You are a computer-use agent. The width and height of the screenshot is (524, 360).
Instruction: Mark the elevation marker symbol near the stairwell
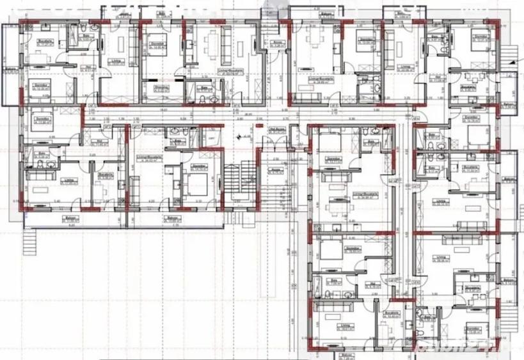240,135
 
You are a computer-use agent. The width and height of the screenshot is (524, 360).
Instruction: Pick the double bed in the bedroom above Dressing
156,48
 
